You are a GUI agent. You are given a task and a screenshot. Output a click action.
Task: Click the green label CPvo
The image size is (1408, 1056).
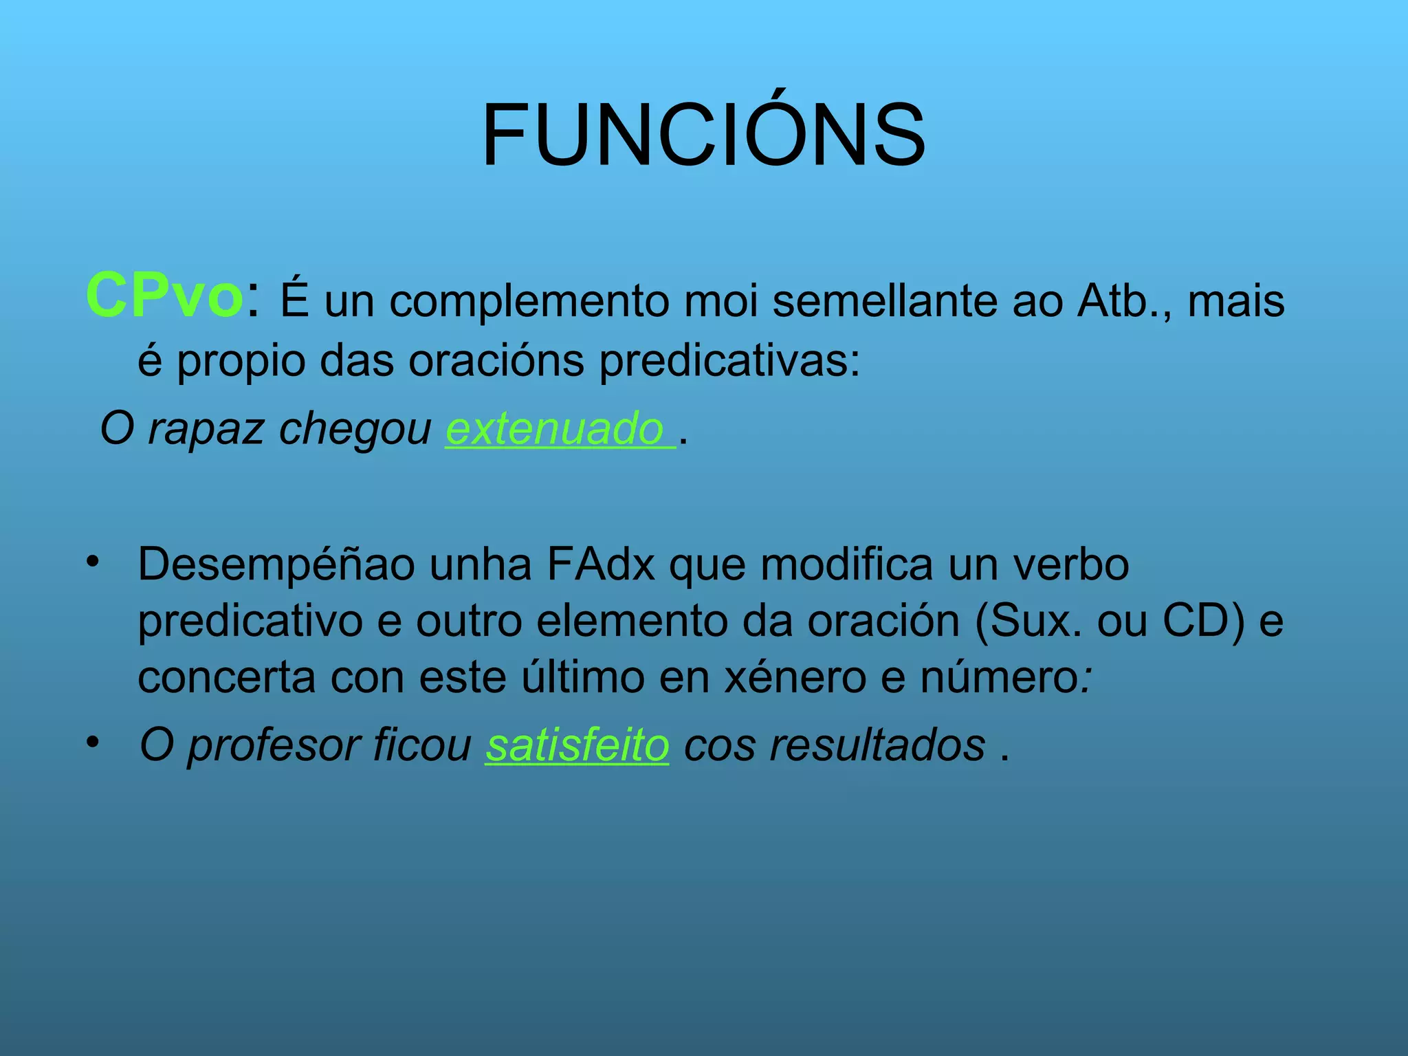(164, 296)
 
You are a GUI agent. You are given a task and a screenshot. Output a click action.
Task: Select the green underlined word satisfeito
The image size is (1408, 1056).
(577, 745)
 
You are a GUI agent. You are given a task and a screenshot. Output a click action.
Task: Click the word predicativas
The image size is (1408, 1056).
(729, 360)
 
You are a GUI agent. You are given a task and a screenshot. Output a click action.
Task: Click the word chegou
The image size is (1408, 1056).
(355, 428)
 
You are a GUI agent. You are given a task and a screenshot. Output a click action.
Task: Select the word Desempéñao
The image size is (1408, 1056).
(276, 564)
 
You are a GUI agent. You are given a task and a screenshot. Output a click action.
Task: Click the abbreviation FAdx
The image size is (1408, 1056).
(601, 564)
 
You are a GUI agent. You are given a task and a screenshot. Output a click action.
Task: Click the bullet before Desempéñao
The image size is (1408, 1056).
(92, 561)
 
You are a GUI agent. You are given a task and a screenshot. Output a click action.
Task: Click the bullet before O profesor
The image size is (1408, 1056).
(92, 742)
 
